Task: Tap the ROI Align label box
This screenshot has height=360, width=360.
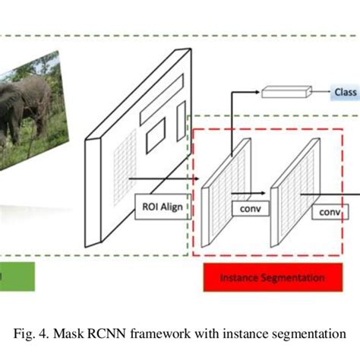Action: pos(161,207)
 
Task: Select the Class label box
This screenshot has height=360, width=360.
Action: pos(344,93)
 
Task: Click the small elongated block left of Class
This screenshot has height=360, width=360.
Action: pos(286,93)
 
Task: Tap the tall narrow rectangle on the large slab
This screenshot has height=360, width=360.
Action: pos(181,121)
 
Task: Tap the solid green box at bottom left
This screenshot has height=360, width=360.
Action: pos(15,277)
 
